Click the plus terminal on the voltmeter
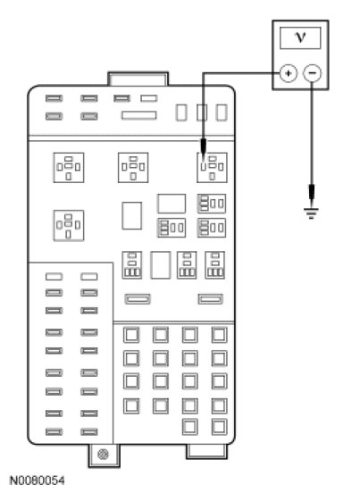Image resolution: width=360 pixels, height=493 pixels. [288, 73]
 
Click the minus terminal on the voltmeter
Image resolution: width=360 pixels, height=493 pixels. [312, 73]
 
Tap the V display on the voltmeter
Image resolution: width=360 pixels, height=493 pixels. [300, 38]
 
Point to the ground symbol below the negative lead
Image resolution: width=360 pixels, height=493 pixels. [311, 213]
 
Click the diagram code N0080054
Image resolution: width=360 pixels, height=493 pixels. [38, 480]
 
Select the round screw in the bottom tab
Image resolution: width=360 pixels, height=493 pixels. [103, 454]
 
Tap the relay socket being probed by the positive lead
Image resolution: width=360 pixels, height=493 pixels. [212, 168]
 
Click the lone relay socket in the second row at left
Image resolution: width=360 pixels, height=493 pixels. [69, 225]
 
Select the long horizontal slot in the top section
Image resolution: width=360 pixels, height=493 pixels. [139, 115]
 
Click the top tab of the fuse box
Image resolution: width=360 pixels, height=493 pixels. [138, 79]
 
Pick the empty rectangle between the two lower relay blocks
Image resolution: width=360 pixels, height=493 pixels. [161, 265]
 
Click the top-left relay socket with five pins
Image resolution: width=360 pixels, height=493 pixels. [69, 168]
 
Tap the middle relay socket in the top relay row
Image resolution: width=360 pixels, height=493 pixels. [133, 168]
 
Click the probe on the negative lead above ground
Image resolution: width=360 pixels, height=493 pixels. [312, 192]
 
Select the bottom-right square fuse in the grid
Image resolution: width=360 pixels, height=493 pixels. [219, 427]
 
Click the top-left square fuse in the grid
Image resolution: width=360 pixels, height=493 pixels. [131, 335]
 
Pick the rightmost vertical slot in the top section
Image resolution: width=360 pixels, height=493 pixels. [222, 113]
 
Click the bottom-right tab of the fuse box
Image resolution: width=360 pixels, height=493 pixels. [206, 452]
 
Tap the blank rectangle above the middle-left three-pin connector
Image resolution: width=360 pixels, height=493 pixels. [172, 204]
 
